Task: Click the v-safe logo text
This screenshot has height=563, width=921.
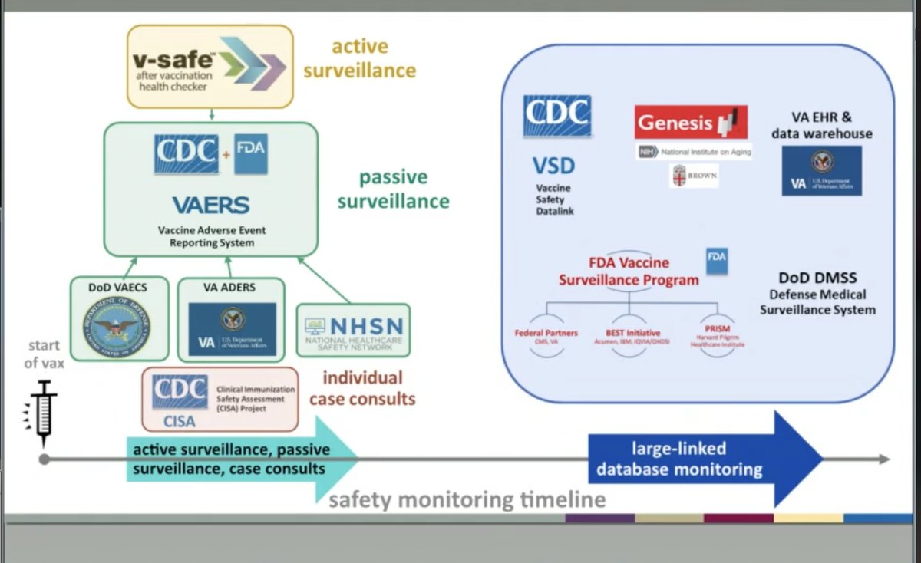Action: (164, 61)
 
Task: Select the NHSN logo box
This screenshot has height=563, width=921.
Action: (354, 331)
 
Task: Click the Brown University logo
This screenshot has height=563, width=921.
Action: (693, 176)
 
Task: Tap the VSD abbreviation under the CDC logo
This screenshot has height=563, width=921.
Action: (553, 165)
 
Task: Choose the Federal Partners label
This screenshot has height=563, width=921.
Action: (546, 333)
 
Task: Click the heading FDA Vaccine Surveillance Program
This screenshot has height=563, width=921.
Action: (629, 272)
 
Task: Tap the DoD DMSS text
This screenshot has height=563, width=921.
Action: (817, 278)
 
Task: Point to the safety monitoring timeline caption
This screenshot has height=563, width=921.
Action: (467, 500)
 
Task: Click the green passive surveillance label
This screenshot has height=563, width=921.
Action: (393, 189)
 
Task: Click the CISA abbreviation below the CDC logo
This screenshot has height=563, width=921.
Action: (178, 421)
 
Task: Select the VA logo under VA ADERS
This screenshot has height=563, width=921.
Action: (232, 329)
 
